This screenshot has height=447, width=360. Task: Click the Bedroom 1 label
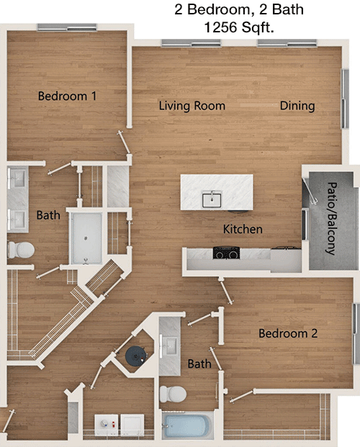point(68,96)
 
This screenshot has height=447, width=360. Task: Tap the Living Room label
point(192,106)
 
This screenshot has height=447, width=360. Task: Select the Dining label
point(297,106)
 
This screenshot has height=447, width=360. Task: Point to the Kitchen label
point(243,229)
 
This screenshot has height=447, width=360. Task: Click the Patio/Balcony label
point(331,218)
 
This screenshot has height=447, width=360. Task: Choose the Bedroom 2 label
point(288,333)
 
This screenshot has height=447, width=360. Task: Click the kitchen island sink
point(212,199)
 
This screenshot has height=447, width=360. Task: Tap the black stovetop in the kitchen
point(226,253)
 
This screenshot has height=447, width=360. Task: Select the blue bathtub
point(187,425)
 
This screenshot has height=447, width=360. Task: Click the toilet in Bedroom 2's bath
point(173,394)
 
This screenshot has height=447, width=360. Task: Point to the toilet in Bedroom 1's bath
point(21,250)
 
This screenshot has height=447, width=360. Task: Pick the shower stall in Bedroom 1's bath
point(86,238)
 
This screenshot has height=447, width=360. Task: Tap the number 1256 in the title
point(220,27)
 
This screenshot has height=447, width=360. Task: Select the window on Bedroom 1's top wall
point(67,27)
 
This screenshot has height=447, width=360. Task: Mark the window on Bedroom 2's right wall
point(356,333)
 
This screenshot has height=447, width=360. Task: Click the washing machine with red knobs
point(106,425)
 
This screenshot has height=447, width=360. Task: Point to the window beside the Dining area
point(346,99)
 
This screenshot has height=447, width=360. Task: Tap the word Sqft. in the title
point(258,27)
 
